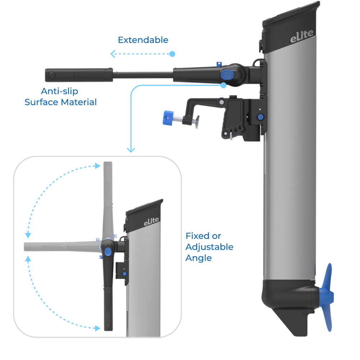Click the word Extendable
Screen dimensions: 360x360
(143, 40)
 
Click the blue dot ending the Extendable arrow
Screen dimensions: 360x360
(172, 54)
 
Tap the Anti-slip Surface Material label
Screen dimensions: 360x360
(60, 96)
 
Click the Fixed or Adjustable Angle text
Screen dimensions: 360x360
(209, 247)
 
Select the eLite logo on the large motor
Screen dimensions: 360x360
(302, 37)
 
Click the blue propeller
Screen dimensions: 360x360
(328, 297)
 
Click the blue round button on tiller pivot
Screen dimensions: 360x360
(226, 75)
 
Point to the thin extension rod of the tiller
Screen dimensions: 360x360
(143, 75)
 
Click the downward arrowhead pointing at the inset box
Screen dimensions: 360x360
(131, 149)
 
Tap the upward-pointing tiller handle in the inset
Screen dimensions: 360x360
(107, 194)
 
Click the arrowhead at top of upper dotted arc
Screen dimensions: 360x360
(97, 166)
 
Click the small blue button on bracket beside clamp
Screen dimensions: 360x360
(260, 117)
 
